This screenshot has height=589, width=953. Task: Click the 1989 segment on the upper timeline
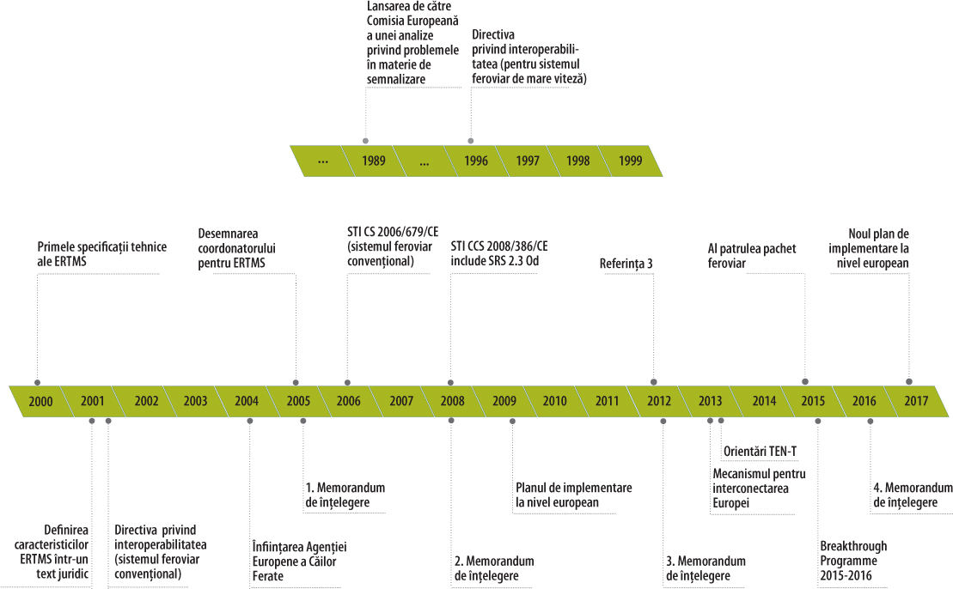click(x=373, y=161)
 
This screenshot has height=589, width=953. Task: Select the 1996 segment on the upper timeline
click(x=475, y=161)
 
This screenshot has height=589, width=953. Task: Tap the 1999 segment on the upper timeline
click(x=631, y=161)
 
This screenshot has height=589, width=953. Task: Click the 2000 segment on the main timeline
click(x=40, y=401)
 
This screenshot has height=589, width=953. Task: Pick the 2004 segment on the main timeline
click(x=246, y=401)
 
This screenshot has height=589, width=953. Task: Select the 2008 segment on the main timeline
click(x=453, y=401)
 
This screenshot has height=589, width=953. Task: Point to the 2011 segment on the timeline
click(x=607, y=401)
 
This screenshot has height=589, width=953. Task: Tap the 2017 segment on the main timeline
click(x=916, y=401)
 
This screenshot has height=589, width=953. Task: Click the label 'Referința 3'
click(x=626, y=264)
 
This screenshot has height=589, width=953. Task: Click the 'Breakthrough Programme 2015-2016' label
click(x=853, y=561)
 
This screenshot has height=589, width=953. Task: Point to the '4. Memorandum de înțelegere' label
click(x=913, y=495)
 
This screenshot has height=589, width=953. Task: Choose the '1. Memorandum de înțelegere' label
click(x=345, y=495)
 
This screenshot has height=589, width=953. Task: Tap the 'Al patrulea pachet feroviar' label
click(x=746, y=256)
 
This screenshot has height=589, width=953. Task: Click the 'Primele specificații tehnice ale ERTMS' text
click(x=101, y=254)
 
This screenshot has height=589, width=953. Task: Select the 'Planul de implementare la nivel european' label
click(x=573, y=495)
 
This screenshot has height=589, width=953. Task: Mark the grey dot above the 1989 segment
click(x=366, y=140)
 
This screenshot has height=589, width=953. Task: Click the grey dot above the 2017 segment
click(x=909, y=381)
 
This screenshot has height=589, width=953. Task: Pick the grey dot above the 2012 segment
click(x=654, y=381)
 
